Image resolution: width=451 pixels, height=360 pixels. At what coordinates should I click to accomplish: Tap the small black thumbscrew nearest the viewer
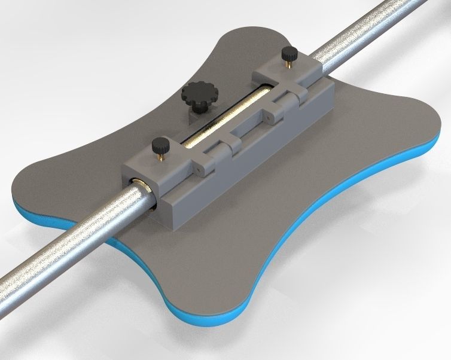click(x=160, y=145)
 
